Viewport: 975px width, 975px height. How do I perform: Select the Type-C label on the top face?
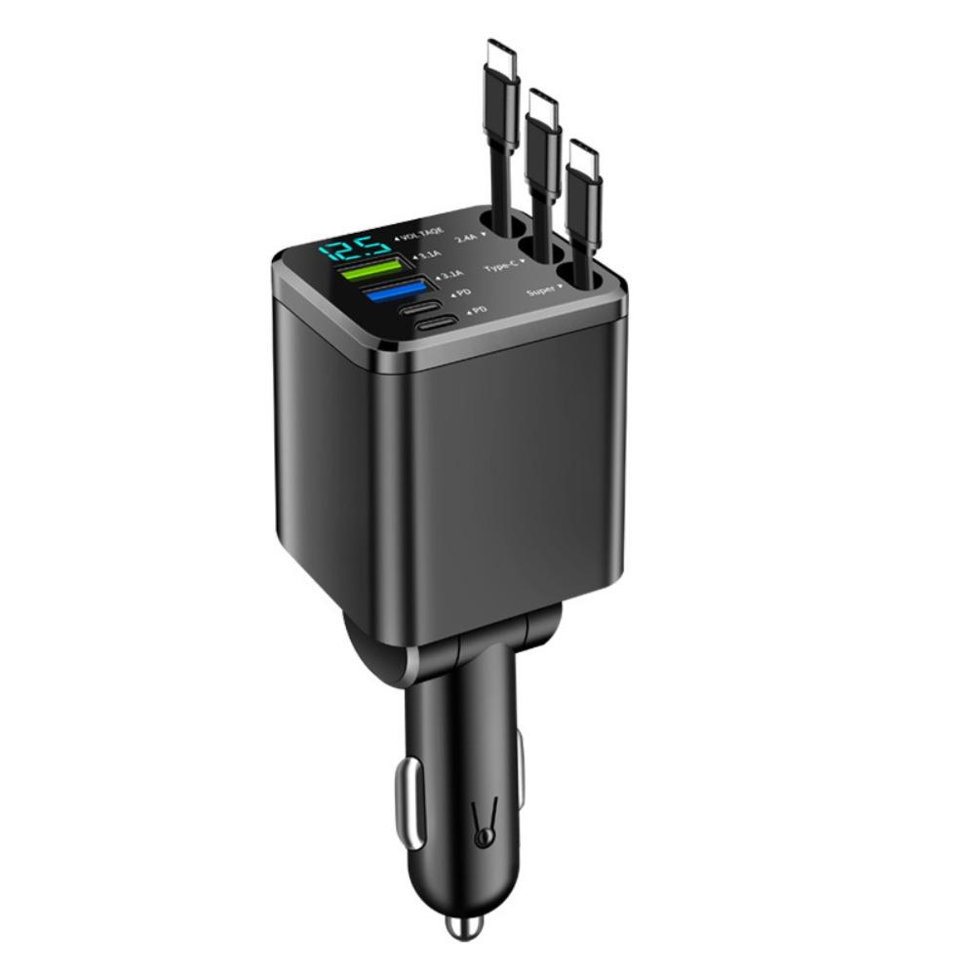tap(505, 264)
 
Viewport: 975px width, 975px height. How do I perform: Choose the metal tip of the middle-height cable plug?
tap(542, 104)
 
